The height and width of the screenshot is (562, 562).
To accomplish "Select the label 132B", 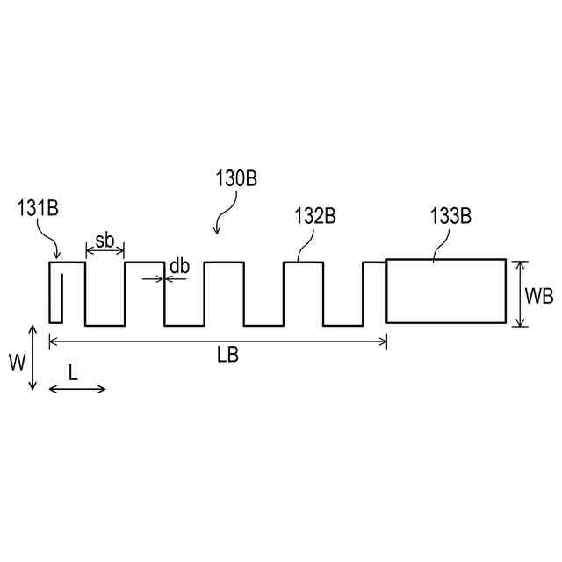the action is click(x=315, y=216).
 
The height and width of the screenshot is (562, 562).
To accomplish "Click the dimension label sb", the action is click(x=104, y=241).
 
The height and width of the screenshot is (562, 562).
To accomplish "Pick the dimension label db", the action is click(x=179, y=265).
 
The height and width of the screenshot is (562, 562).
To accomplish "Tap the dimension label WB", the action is click(x=538, y=296).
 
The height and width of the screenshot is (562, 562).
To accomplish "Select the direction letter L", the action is click(x=73, y=371).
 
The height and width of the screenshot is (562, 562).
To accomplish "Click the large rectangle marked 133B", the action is click(x=446, y=291).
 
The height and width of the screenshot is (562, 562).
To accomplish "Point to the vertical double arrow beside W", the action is click(x=32, y=357).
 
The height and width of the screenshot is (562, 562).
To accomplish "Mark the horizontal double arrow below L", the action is click(x=77, y=388).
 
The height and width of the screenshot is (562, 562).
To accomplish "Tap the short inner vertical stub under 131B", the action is click(x=61, y=299).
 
